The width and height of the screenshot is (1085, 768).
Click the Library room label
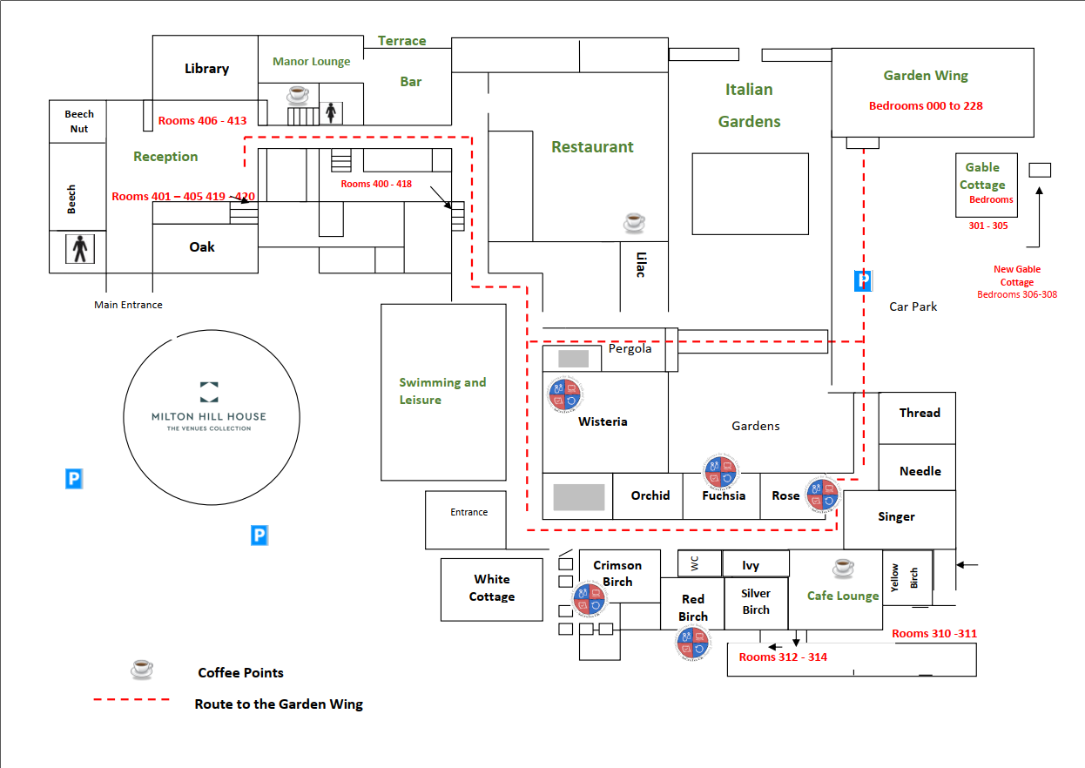click(x=206, y=69)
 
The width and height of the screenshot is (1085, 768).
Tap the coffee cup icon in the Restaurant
click(x=635, y=222)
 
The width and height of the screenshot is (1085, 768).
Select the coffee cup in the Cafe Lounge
click(x=843, y=568)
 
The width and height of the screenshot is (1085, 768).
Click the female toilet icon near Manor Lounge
click(x=331, y=112)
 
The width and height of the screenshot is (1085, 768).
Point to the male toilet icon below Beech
click(x=80, y=250)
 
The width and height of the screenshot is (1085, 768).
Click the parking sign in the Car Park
click(x=862, y=280)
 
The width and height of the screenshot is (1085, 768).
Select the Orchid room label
click(x=650, y=495)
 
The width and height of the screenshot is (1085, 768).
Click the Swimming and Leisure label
click(x=442, y=391)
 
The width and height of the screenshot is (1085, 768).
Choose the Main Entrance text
click(x=128, y=305)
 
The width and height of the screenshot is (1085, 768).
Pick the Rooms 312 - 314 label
click(x=783, y=657)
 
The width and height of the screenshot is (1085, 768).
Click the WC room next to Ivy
click(x=694, y=563)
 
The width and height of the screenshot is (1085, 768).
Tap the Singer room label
click(x=896, y=516)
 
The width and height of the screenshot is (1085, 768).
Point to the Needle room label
click(x=920, y=471)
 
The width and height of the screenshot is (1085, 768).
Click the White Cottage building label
click(x=492, y=588)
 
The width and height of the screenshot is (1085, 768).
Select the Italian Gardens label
click(x=749, y=104)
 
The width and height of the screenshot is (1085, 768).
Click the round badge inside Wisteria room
click(x=564, y=394)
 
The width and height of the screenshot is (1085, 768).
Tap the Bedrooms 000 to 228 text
click(x=926, y=105)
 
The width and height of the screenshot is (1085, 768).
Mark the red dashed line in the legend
click(x=131, y=699)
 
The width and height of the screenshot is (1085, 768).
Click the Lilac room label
click(x=640, y=265)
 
